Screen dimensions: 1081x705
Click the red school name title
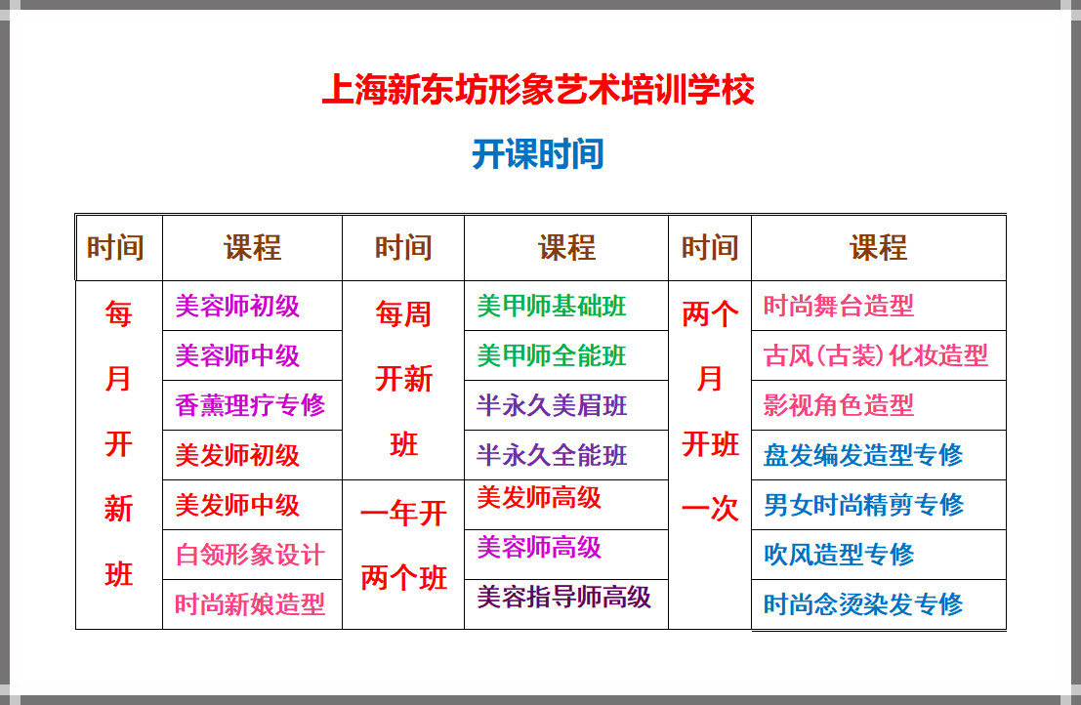(538, 90)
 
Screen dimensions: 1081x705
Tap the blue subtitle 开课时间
(538, 153)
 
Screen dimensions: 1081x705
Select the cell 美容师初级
(237, 306)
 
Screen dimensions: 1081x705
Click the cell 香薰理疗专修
(250, 405)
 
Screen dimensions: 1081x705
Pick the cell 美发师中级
(237, 505)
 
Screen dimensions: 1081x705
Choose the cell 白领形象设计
(250, 555)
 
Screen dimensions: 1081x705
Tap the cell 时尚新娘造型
(250, 604)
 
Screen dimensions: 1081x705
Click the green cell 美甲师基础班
(552, 306)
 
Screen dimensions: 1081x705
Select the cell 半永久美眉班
(552, 405)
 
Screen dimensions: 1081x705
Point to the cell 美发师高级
(539, 498)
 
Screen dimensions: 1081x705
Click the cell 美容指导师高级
(564, 597)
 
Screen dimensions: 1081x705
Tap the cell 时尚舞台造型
(838, 306)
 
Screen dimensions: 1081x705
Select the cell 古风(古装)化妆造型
(876, 355)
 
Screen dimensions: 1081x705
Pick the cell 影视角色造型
(838, 405)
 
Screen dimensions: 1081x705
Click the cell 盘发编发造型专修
(863, 455)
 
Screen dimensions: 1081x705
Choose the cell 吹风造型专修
(838, 555)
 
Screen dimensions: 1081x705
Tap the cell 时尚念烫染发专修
(863, 604)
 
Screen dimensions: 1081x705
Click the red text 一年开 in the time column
(404, 514)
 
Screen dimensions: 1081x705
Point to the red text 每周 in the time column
(404, 314)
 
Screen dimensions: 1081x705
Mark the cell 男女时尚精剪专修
(863, 505)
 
